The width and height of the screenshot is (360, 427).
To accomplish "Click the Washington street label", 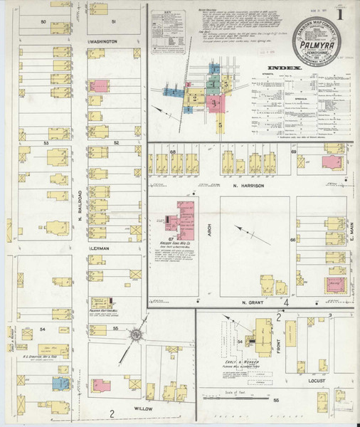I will [102, 42].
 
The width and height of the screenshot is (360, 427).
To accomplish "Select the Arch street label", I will [210, 231].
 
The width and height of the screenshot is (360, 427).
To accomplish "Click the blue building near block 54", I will [60, 383].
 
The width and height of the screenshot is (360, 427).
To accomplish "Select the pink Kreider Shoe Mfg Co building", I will [187, 221].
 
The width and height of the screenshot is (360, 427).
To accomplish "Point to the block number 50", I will [44, 23].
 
